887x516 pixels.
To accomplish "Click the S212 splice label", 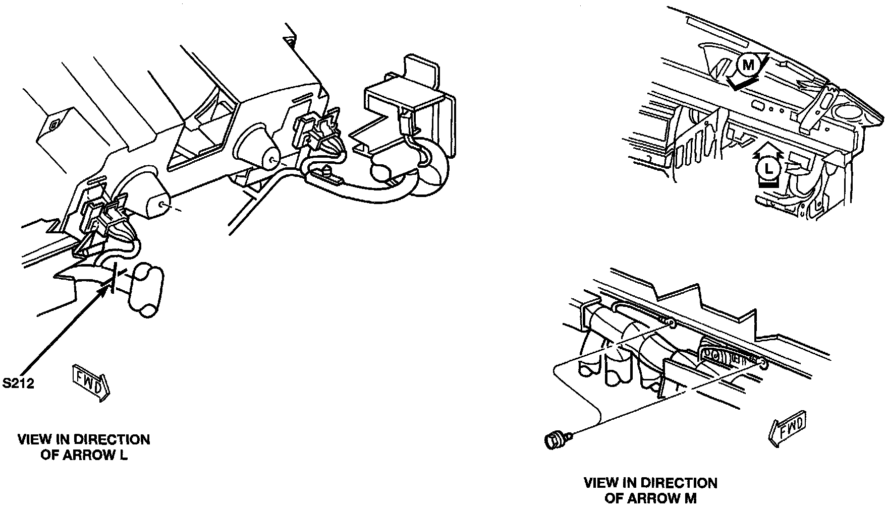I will [x=17, y=384].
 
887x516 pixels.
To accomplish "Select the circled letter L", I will [x=767, y=168].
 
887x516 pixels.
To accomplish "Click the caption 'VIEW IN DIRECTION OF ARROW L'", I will [x=84, y=447].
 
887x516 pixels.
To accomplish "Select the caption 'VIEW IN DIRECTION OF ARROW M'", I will [x=650, y=491].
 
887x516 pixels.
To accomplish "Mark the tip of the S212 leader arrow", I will [x=106, y=289].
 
